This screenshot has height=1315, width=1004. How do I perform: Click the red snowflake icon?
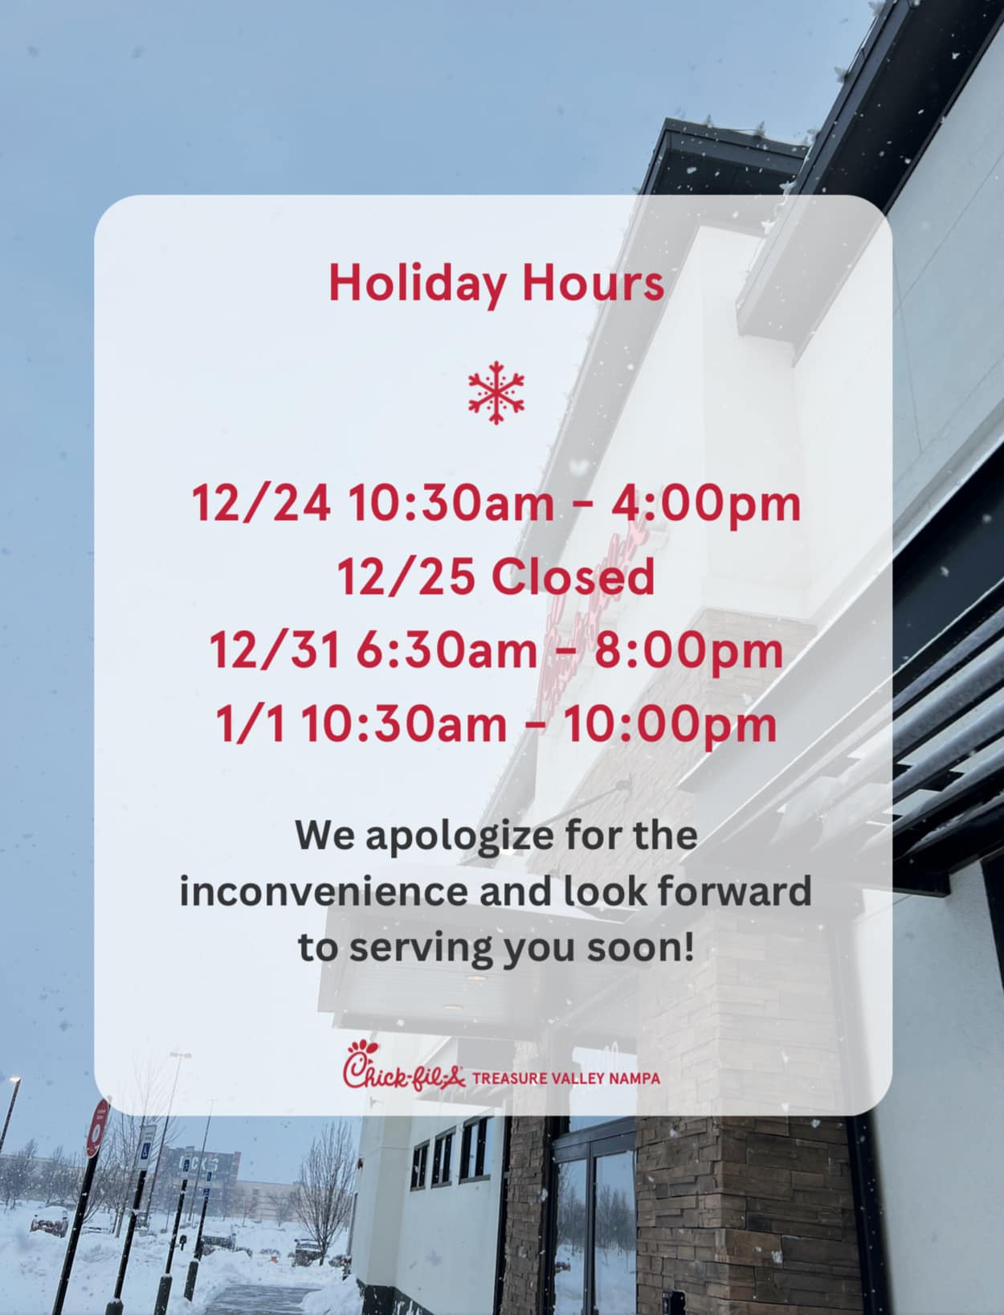click(496, 392)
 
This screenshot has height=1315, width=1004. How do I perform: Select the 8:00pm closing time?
click(688, 651)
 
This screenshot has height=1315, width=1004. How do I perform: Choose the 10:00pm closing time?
click(670, 725)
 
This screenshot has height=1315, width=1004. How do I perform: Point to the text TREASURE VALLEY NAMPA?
click(566, 1079)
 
